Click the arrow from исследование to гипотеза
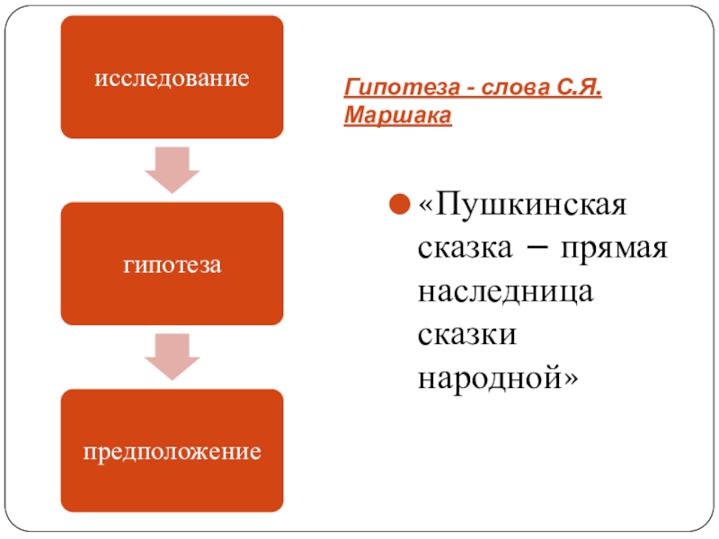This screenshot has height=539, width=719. [172, 169]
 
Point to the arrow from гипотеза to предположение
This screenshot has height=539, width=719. [172, 356]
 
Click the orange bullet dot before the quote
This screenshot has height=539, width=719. [399, 208]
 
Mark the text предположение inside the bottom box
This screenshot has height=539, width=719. [172, 450]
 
